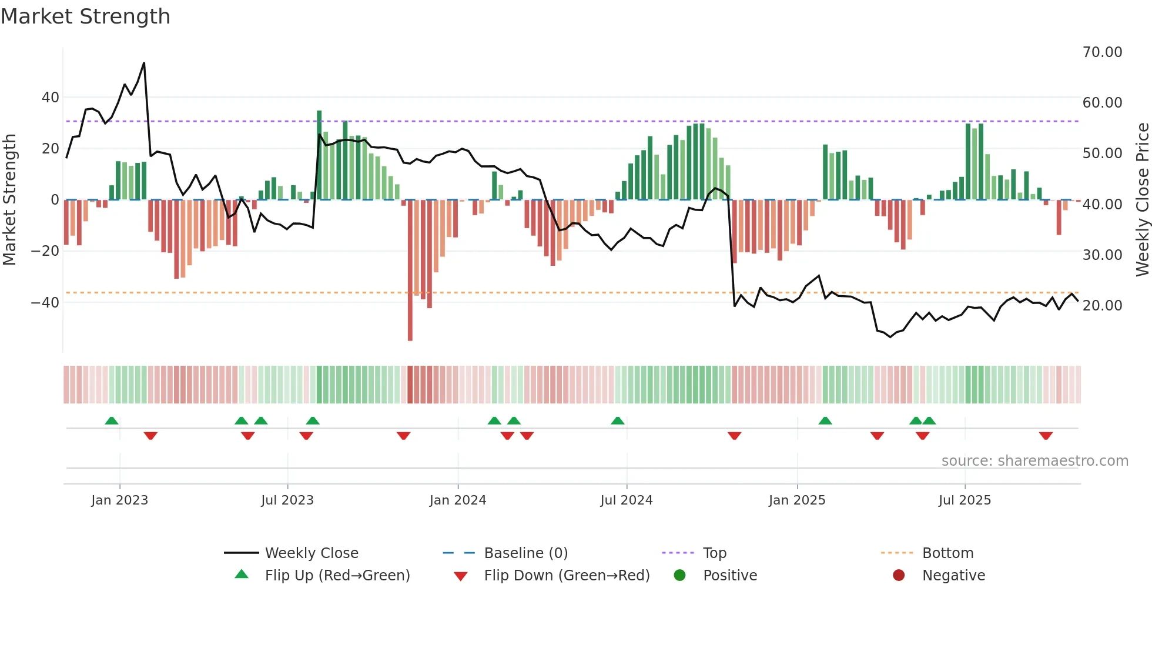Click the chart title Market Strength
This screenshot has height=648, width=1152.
(x=85, y=16)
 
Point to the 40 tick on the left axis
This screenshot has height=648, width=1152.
(x=51, y=97)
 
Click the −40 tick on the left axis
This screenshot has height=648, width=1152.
(x=45, y=302)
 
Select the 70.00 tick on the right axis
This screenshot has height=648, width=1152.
(x=1102, y=52)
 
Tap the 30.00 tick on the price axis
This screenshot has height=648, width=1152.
(x=1102, y=255)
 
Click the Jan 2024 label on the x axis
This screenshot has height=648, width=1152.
(x=458, y=500)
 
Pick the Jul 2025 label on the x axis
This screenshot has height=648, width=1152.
(x=965, y=500)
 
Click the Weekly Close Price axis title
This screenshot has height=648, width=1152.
(x=1142, y=200)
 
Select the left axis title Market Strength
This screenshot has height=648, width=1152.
(x=9, y=200)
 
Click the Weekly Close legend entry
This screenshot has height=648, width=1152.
(x=312, y=553)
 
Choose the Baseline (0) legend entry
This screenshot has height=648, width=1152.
(x=525, y=553)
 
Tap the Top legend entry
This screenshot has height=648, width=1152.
(x=715, y=553)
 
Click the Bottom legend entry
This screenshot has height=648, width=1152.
(x=947, y=553)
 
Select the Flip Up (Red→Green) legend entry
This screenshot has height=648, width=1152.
(x=337, y=576)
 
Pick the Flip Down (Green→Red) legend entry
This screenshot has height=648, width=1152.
(x=567, y=576)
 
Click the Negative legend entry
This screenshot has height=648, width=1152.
(x=953, y=576)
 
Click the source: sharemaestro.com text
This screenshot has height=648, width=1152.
(x=1034, y=461)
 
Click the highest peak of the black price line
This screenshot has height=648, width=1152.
(x=144, y=64)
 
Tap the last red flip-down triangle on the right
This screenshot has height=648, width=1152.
(x=1046, y=436)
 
